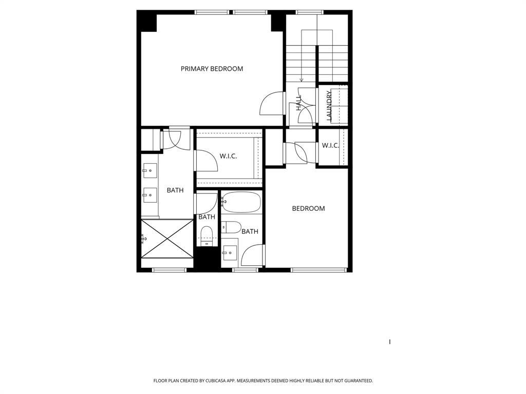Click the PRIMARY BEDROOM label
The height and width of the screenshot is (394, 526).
tap(212, 69)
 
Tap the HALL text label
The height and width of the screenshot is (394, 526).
tap(298, 103)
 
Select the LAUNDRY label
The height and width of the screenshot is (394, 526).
tap(329, 106)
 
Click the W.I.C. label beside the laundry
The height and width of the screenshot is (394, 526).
tap(330, 146)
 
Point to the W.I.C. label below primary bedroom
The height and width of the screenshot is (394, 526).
tap(228, 156)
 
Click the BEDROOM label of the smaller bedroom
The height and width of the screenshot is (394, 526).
tap(308, 208)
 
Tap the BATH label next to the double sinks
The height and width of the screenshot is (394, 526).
tap(175, 190)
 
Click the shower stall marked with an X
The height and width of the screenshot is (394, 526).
tap(167, 239)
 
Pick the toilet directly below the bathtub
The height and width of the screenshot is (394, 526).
tap(232, 227)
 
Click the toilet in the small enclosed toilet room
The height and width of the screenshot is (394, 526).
tap(206, 235)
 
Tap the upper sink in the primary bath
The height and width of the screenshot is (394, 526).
tap(150, 170)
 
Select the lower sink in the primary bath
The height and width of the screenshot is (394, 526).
tap(150, 193)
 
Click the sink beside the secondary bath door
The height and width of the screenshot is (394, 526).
tap(230, 252)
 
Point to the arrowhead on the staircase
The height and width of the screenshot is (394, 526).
tap(302, 80)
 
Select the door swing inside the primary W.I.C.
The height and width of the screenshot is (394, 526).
tap(207, 161)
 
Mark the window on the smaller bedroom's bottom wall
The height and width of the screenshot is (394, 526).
tap(318, 270)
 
